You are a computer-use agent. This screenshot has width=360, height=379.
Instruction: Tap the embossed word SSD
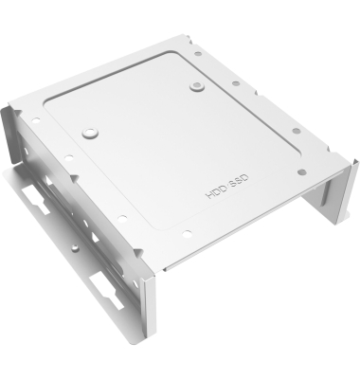click(238, 180)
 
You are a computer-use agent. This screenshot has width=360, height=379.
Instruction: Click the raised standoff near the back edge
click(197, 85)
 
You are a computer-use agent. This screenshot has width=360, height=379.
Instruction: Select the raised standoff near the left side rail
click(90, 133)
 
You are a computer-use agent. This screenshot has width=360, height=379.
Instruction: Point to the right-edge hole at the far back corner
click(198, 54)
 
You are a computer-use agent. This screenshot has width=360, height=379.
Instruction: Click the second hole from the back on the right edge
click(236, 83)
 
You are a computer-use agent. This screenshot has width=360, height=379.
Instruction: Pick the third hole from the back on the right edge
click(296, 131)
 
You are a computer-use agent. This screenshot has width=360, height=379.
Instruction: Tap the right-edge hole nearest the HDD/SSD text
click(302, 171)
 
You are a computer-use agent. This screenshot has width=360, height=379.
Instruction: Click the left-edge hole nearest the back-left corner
click(36, 120)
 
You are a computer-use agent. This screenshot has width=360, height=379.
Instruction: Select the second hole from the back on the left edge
click(68, 157)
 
